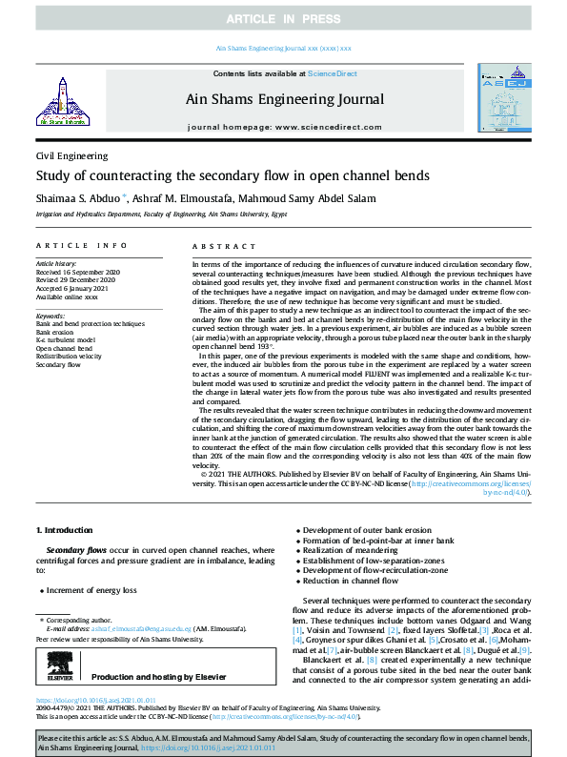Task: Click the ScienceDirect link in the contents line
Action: click(x=332, y=73)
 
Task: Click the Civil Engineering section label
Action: click(x=71, y=155)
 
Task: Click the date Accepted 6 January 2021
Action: click(x=76, y=288)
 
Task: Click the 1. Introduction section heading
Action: click(x=64, y=529)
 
